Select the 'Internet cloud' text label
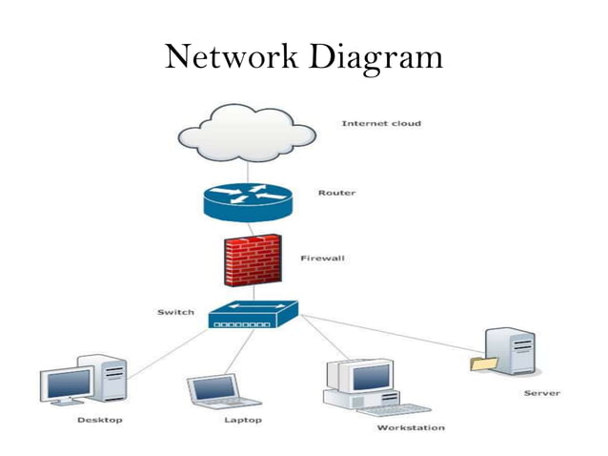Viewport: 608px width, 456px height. (x=381, y=123)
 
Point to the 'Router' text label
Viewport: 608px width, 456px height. (x=336, y=193)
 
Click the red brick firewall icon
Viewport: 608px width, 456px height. (x=253, y=259)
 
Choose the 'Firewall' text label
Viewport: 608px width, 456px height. (x=322, y=258)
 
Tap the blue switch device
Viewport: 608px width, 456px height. (x=253, y=316)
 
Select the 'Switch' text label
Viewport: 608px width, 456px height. (x=175, y=312)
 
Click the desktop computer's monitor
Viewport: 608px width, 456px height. (x=67, y=384)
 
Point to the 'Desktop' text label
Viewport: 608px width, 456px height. (x=99, y=421)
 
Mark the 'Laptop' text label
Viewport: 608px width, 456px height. (x=242, y=421)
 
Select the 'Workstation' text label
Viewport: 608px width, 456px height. (x=410, y=428)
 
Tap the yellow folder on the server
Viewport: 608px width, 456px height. (x=483, y=363)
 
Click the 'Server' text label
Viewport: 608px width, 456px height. (x=541, y=393)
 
